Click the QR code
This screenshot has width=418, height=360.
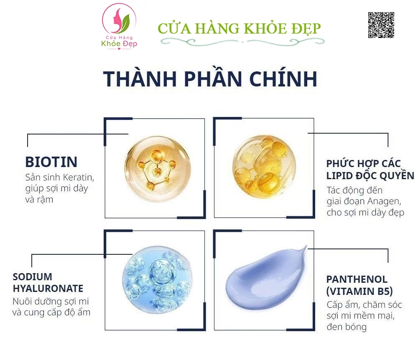tap(381, 25)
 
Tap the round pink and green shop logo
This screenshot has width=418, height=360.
tap(119, 26)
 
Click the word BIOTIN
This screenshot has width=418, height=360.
tap(51, 162)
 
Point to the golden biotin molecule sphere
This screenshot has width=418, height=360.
tap(158, 169)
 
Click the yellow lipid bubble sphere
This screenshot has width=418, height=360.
tap(264, 167)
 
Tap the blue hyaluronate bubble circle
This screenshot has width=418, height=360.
tap(156, 279)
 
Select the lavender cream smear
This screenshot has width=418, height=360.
tap(266, 278)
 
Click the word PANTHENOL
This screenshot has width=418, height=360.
tap(357, 279)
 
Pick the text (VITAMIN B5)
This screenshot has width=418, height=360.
tap(359, 292)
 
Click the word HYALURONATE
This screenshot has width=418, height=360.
tap(48, 288)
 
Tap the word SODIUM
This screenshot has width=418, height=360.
tap(32, 277)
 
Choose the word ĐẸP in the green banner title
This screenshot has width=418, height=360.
tap(306, 28)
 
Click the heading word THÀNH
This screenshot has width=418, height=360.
tap(140, 79)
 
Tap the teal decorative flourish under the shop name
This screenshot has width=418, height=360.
tap(242, 42)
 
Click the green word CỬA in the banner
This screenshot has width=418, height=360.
tap(174, 28)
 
